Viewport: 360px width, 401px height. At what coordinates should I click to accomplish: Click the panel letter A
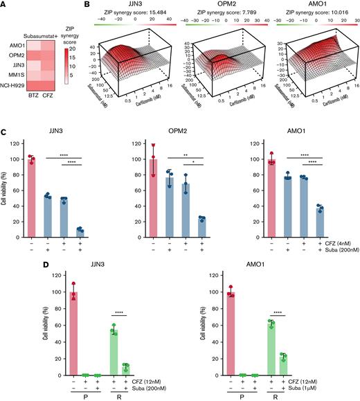(x=4, y=6)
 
